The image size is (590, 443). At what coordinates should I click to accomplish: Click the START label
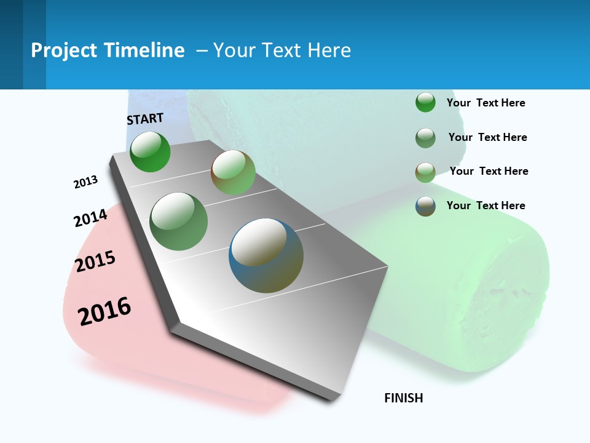145,119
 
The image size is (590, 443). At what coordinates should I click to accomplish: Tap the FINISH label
403,398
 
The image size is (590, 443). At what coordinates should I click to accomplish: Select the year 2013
85,182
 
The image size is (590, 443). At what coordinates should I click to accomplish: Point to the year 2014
90,218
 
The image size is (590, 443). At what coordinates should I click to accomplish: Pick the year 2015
95,261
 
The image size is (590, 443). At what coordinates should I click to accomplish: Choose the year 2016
104,311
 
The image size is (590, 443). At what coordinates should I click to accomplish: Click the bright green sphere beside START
150,152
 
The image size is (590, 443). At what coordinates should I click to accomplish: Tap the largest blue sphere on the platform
266,255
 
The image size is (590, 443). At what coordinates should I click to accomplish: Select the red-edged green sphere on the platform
233,172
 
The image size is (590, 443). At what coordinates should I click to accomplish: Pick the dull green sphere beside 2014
178,221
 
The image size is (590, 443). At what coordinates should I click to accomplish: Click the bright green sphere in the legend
425,102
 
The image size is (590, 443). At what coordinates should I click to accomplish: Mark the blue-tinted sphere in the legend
425,206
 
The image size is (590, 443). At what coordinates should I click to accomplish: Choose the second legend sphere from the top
425,138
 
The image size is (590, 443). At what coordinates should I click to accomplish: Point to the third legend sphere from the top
425,172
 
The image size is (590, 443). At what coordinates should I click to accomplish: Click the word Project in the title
64,50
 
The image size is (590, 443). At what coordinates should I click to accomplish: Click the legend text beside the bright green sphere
486,103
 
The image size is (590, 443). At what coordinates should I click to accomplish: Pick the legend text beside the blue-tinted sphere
486,206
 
